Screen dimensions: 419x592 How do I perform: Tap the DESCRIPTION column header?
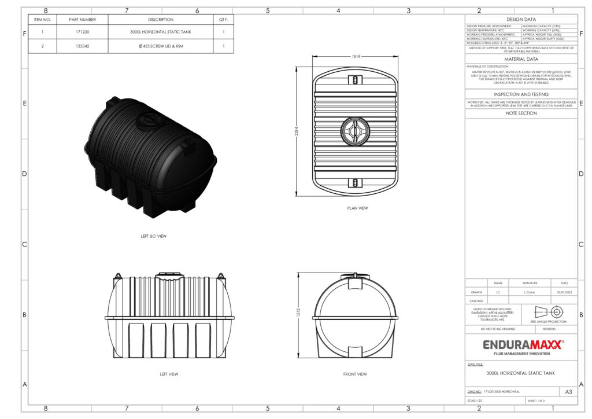tap(161, 20)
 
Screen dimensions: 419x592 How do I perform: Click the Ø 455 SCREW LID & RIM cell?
tap(161, 46)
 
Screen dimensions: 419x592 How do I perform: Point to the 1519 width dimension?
tap(356, 57)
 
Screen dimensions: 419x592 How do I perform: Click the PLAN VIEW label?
tap(357, 208)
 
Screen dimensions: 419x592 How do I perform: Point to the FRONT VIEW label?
tap(355, 374)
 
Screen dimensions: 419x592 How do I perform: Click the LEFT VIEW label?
tap(169, 374)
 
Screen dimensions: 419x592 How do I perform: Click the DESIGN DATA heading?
tap(521, 20)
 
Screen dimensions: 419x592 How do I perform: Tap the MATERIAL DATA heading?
tap(521, 59)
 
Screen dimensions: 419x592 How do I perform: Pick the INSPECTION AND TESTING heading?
tap(521, 94)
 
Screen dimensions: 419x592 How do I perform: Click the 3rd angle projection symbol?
tap(548, 311)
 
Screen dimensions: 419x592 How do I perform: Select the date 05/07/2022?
tap(564, 292)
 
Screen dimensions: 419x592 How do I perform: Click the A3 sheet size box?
tap(568, 392)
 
